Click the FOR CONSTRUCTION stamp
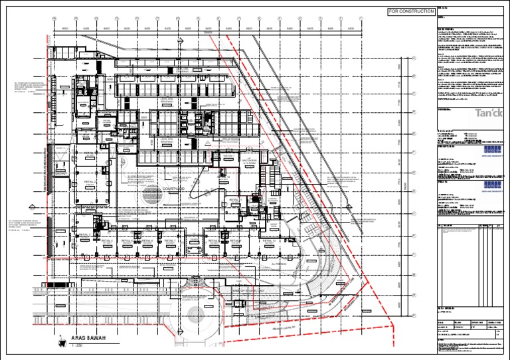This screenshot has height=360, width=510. [x=410, y=12]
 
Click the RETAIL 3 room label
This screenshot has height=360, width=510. [x=84, y=234]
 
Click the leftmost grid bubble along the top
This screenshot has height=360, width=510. [x=55, y=19]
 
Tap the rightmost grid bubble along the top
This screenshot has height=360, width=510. [x=361, y=19]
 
